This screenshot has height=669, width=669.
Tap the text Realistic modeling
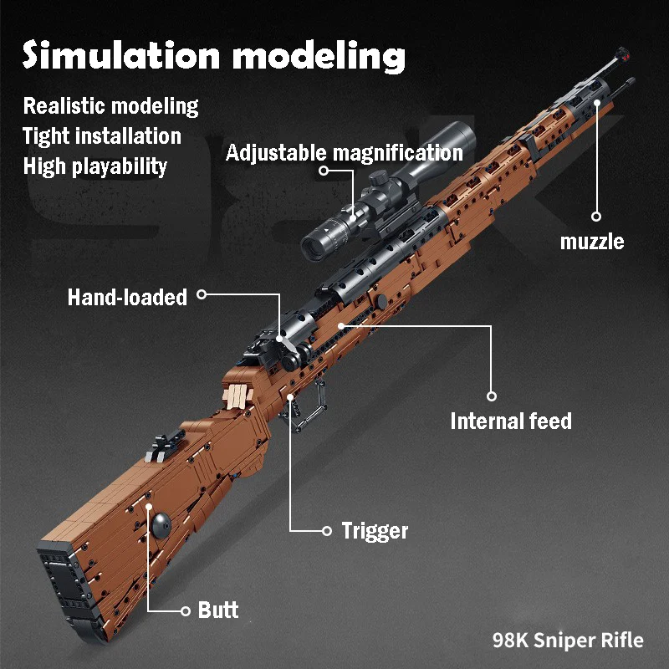pos(110,106)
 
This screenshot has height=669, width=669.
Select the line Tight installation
pos(101,136)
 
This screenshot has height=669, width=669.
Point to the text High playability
pos(94,166)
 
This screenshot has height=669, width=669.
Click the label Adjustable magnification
pos(344,153)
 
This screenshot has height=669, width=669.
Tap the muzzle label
pos(591,242)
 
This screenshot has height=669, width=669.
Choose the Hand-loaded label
pos(127,297)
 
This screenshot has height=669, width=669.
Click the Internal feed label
pos(510,420)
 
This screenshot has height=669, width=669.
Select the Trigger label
pos(375,530)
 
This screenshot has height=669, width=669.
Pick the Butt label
pos(218,610)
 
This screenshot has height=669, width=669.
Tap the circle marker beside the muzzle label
pos(596,215)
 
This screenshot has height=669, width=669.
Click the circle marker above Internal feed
pos(492,396)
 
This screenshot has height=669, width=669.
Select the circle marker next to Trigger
pos(327,530)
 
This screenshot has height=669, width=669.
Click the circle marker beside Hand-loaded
pos(202,294)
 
